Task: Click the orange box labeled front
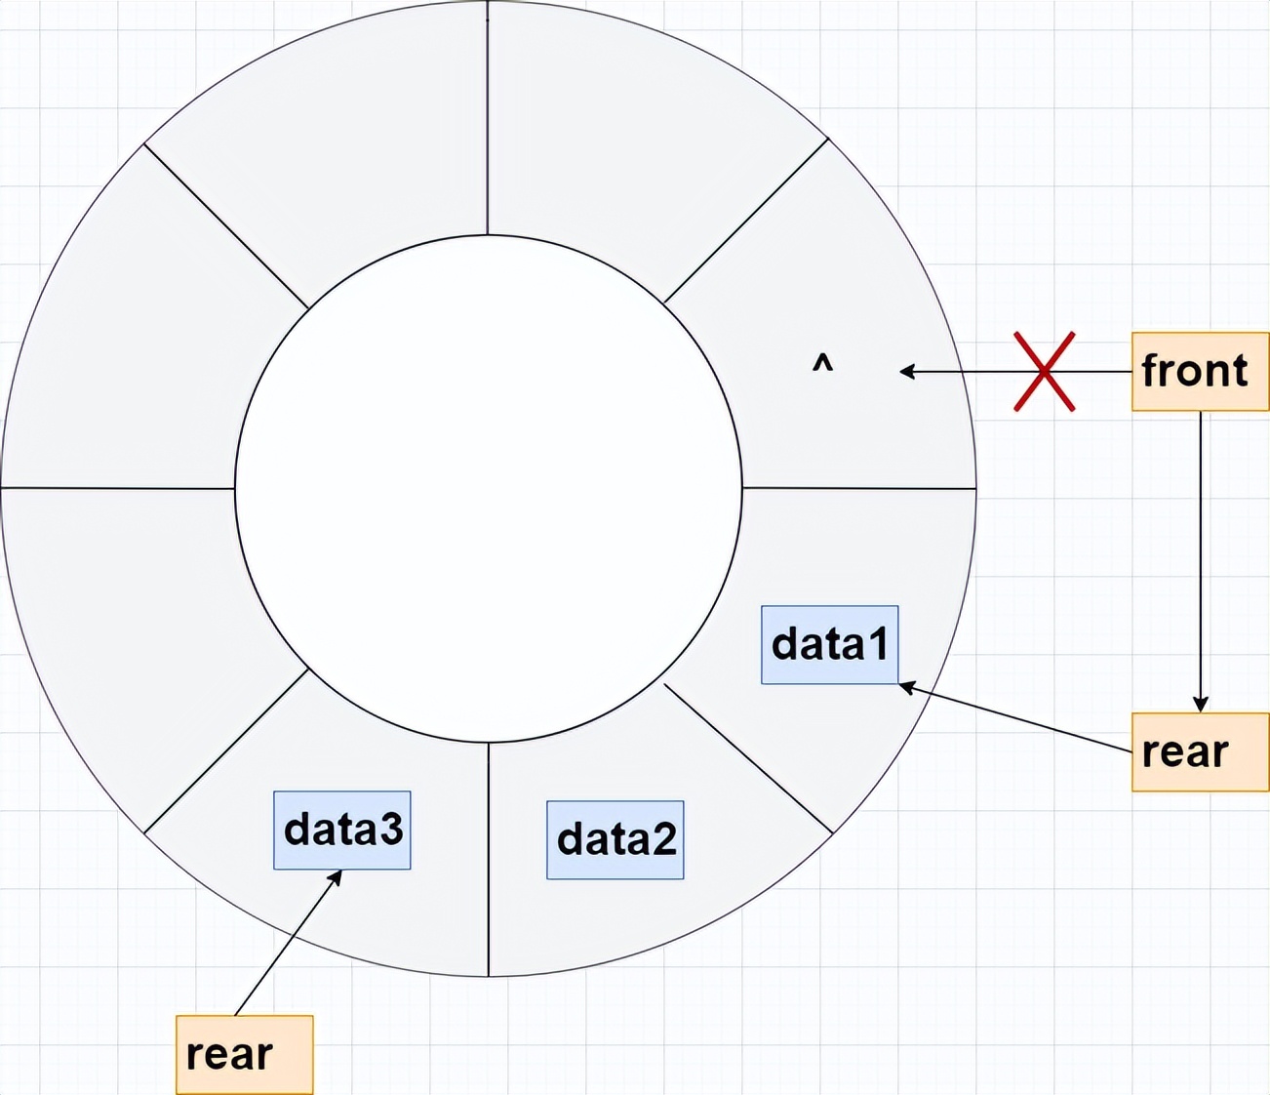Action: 1200,371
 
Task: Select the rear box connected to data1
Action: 1200,751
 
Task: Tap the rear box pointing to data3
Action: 244,1054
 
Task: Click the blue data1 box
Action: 829,644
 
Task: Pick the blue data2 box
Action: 615,839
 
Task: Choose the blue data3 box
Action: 341,830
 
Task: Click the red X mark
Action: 1044,371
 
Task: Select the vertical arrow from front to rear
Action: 1201,556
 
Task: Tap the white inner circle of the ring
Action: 488,488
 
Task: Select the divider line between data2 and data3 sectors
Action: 488,859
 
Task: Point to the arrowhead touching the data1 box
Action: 905,687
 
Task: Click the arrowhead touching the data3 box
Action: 336,876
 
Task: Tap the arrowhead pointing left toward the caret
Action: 906,371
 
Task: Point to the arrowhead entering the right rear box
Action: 1201,705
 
